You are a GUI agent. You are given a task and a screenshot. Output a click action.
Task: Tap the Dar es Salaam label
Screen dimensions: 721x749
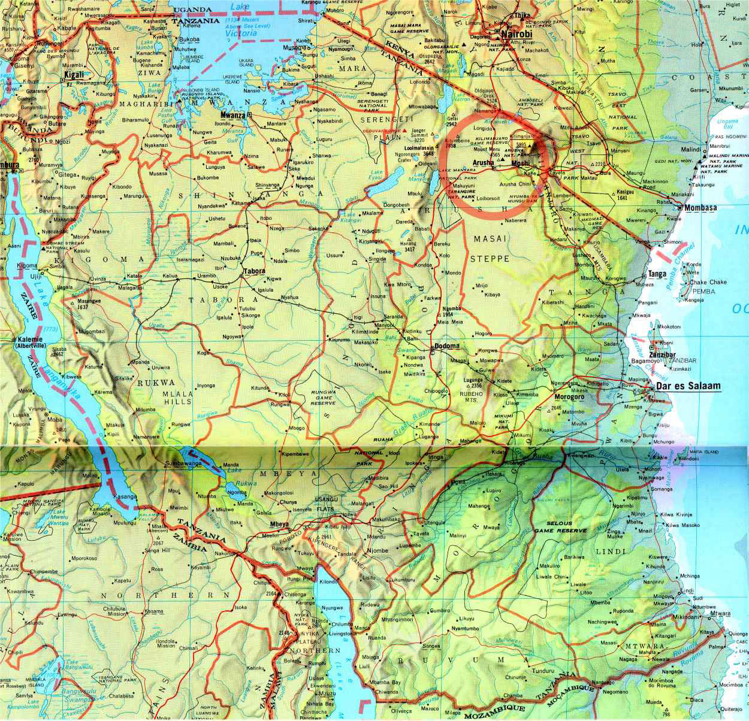(x=689, y=386)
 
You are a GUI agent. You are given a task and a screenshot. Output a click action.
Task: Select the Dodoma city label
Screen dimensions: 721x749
(x=447, y=346)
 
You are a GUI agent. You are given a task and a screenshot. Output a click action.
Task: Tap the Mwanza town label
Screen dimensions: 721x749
(x=233, y=114)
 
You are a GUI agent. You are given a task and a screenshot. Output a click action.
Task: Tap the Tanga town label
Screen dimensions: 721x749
(x=657, y=274)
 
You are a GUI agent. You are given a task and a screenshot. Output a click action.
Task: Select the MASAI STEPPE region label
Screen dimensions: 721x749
(x=491, y=249)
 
